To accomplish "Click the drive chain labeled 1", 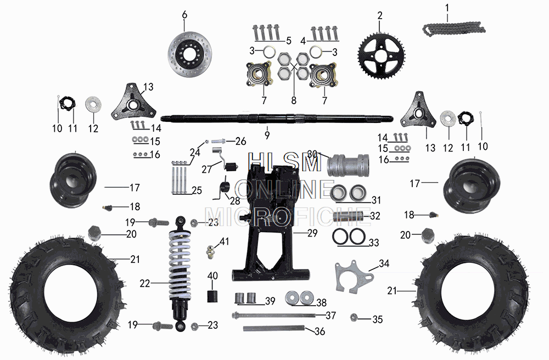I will click(453, 29).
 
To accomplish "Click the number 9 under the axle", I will click(267, 134).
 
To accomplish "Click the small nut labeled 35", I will click(354, 317).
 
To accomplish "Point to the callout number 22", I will click(145, 284).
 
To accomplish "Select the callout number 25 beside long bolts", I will click(196, 190).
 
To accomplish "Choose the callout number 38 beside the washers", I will click(321, 302).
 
